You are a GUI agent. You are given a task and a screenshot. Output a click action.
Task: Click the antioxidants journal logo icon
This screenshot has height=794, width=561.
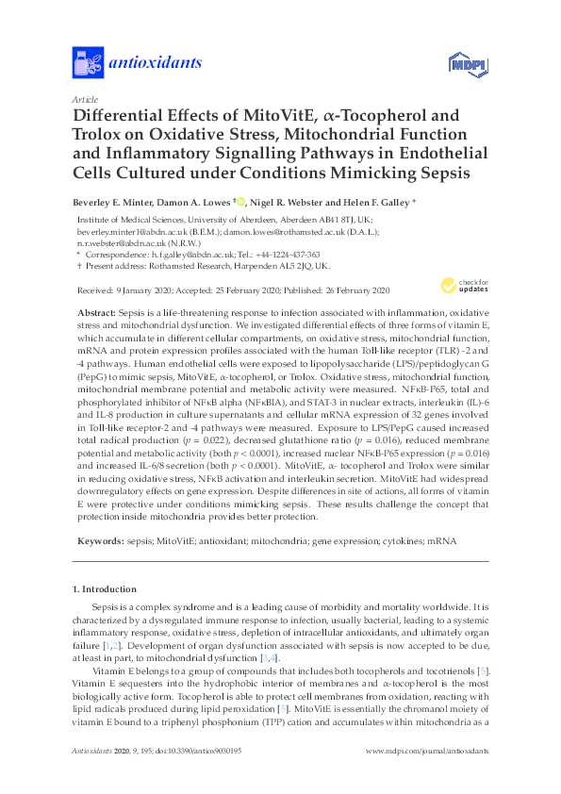coord(87,64)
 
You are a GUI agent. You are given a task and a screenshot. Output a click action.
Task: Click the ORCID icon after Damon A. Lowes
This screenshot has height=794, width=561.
coord(241,201)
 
